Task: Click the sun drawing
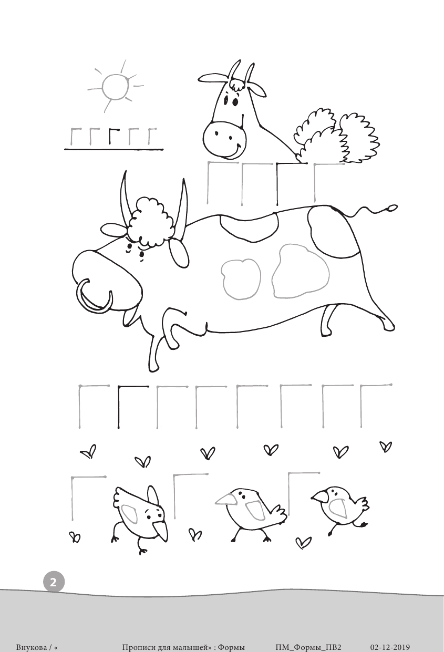pyautogui.click(x=115, y=87)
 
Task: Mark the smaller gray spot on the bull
pyautogui.click(x=242, y=279)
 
